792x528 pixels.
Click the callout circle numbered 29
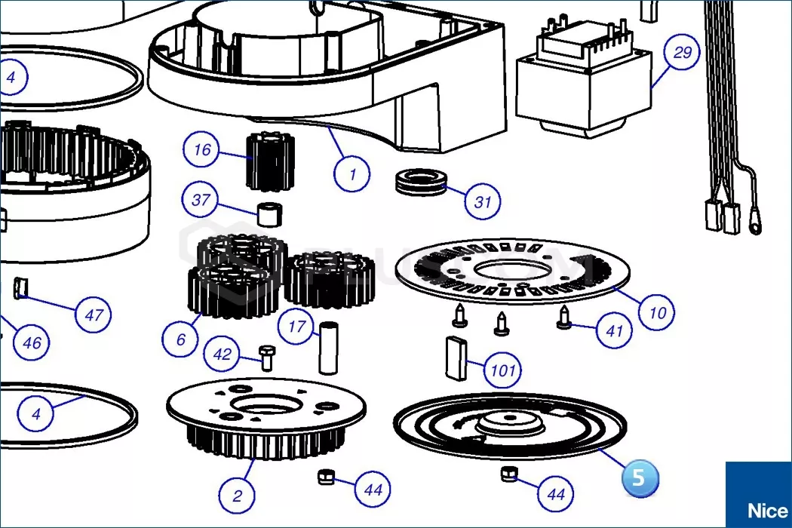(x=682, y=52)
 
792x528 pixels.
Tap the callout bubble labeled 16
(x=201, y=149)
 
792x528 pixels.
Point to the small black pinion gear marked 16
(x=269, y=161)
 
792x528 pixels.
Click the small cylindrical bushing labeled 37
(x=270, y=215)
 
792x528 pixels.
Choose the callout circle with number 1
(x=352, y=174)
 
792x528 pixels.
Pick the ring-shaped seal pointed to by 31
(x=420, y=181)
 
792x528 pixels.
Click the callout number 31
(x=483, y=202)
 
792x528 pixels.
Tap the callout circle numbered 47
(x=94, y=315)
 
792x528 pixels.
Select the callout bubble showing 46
(x=32, y=343)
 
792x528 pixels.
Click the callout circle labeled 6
(x=180, y=339)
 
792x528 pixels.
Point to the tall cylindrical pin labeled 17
(x=328, y=347)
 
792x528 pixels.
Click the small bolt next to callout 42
(x=267, y=358)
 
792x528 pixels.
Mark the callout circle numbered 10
(x=657, y=313)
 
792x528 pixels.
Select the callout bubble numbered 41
(x=614, y=331)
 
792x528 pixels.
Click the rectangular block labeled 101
(x=456, y=358)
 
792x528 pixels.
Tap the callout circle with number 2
(x=238, y=495)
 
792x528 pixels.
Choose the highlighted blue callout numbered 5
(x=640, y=477)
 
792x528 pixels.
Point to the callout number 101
(x=502, y=370)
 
